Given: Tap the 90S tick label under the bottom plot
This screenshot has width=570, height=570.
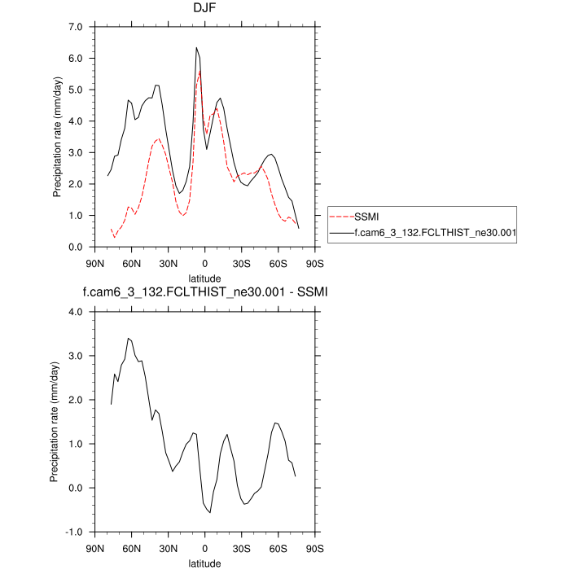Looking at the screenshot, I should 314,548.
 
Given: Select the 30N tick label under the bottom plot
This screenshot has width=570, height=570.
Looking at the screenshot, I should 169,548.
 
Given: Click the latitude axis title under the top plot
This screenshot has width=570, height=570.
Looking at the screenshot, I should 204,278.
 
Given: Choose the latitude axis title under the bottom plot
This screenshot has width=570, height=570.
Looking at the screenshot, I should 204,562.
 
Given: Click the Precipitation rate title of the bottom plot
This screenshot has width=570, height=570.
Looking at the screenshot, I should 55,422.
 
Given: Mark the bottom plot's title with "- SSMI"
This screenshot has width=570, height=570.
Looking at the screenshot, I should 204,292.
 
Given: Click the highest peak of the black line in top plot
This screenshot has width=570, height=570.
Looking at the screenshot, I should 196,48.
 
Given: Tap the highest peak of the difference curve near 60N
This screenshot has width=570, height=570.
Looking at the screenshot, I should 129,338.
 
